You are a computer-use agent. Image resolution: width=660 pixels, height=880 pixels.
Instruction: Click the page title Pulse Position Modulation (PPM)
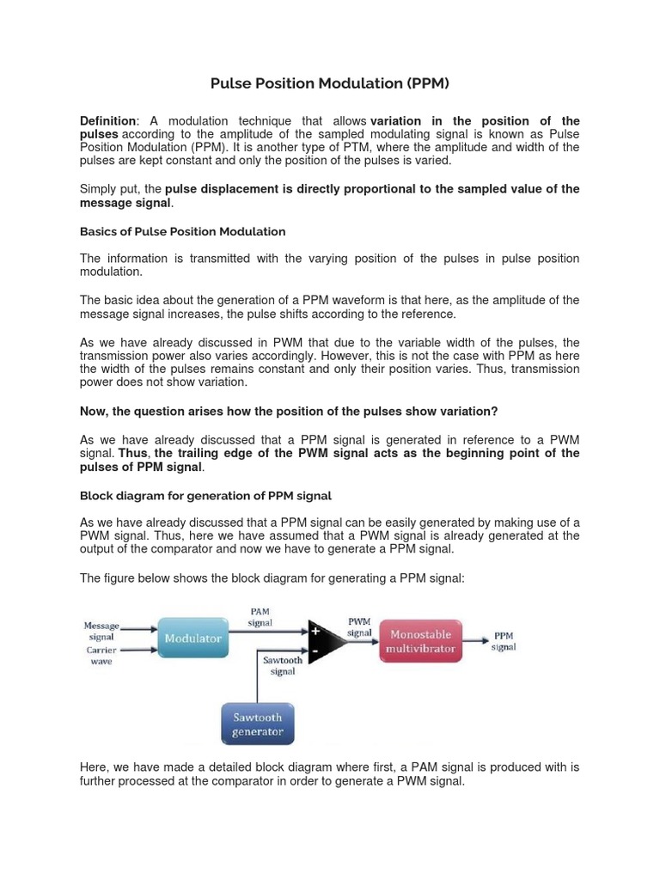coord(330,83)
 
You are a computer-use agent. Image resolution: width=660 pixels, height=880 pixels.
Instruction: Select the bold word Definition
coord(107,121)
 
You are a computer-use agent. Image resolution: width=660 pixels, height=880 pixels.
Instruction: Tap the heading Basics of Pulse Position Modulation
coord(182,232)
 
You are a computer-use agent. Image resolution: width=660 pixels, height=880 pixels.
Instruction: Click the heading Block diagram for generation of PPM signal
coord(205,496)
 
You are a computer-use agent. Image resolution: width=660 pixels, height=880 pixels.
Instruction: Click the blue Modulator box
coord(192,639)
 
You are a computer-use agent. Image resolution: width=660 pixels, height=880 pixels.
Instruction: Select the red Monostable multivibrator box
coord(420,641)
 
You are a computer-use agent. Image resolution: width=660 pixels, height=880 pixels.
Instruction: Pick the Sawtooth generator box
coord(257,724)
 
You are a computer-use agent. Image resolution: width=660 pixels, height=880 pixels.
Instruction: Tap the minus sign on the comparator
coord(316,652)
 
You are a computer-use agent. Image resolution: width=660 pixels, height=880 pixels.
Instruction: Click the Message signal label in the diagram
coord(101,631)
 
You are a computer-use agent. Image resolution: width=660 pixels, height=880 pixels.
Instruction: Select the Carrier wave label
coord(101,656)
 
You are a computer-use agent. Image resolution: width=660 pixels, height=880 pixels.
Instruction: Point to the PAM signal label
coord(260,616)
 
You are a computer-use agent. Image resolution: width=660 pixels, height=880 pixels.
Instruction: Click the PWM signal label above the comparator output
coord(359,626)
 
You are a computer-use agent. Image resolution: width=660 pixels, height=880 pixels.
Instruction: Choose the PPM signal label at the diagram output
coord(504,641)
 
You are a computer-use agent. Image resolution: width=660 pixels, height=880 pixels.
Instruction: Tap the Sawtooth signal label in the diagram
coord(283,666)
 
